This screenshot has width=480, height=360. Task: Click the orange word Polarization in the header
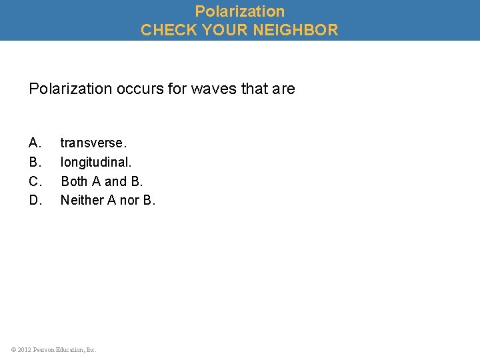[239, 11]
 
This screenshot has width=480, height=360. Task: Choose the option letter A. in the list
[35, 143]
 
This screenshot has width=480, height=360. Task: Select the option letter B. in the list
[35, 162]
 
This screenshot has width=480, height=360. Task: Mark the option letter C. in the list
[36, 181]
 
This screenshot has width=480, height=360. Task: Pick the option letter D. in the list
[36, 200]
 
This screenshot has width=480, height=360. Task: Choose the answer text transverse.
[93, 143]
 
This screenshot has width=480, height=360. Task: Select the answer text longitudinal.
[96, 162]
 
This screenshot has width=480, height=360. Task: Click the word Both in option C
[74, 181]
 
